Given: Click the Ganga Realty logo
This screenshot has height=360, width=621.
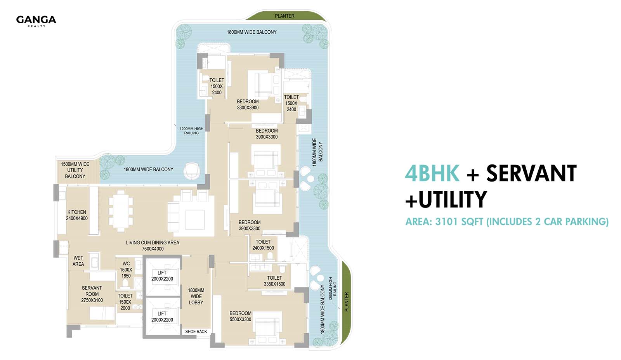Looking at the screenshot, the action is coord(36,21).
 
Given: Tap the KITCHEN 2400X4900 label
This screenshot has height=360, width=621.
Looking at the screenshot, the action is coord(77,215).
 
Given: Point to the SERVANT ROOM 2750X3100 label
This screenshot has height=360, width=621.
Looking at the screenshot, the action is coord(92,294).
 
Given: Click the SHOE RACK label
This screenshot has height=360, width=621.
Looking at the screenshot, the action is coord(196,331).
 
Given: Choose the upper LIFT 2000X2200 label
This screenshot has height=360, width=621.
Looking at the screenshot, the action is coord(162,276).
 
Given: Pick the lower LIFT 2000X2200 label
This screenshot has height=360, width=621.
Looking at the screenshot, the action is coord(162,317).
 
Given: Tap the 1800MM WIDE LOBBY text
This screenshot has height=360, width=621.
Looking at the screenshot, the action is coord(196,296).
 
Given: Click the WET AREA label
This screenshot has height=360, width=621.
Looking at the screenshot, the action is coord(78,261).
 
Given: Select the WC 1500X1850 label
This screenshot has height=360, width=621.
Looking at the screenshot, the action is coord(126,270).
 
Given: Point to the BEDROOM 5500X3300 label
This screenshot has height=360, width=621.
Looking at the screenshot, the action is coord(240,316).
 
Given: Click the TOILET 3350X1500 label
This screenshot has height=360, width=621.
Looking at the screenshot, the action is coord(274,281).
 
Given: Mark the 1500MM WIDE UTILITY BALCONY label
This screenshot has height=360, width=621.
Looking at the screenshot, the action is coord(75,170).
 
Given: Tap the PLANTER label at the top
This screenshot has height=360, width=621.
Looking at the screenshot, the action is coord(285,16).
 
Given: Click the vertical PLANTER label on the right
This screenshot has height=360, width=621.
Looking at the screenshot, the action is coord(347,302).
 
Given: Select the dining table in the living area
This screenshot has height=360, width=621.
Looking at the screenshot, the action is coord(121,211).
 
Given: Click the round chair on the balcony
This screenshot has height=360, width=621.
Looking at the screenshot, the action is coord(192,171).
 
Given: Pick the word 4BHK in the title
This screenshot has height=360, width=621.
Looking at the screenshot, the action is coord(432,173).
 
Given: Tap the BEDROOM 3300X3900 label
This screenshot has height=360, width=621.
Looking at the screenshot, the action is coord(248,104).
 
